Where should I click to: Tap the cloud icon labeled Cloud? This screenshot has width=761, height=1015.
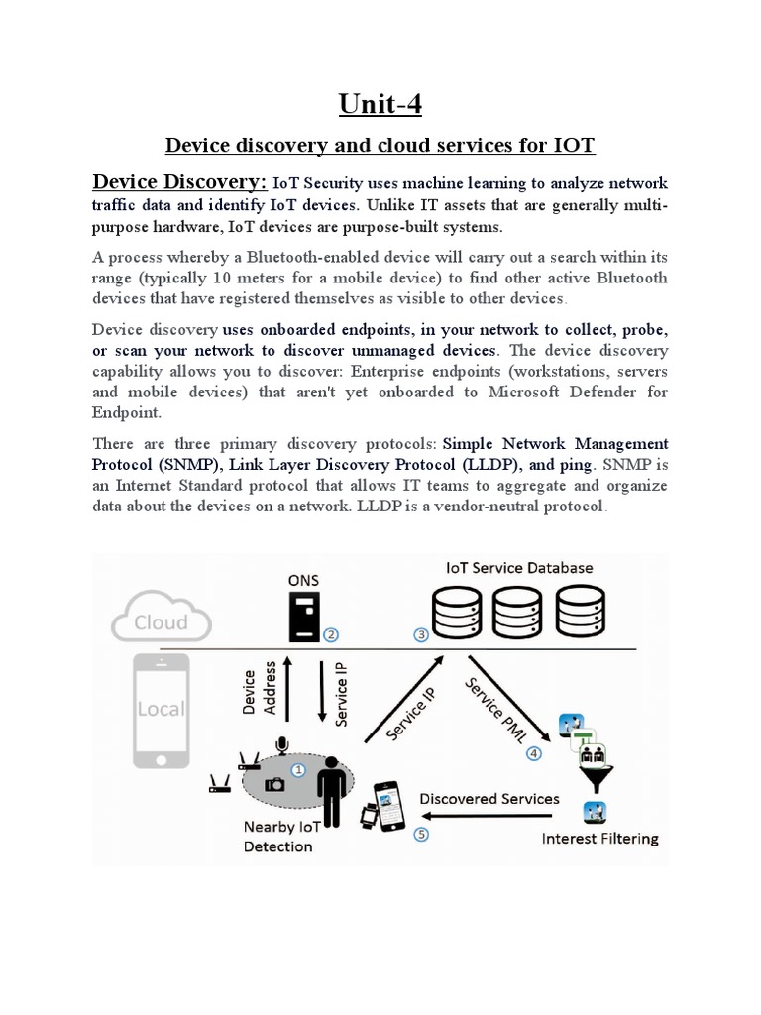pos(161,622)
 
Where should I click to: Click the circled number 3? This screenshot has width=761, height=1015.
pos(421,635)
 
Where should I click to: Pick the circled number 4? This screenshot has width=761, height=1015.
pos(534,752)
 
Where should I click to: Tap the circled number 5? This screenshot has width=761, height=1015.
pos(422,834)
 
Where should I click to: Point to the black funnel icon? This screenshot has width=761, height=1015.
pos(594,781)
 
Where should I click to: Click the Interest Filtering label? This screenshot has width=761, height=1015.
pos(599,839)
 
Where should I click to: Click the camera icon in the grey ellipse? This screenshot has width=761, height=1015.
pos(274,783)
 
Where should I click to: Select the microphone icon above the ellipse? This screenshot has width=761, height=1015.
pos(282,744)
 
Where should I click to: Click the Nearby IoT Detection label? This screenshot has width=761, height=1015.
pos(278,837)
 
